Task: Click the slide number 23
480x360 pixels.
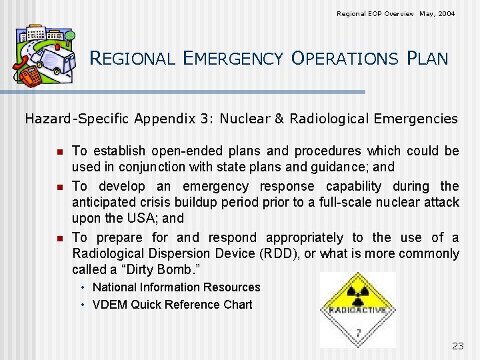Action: pos(457,345)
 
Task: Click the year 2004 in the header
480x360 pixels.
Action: pos(447,13)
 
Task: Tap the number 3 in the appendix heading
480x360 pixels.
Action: pos(203,119)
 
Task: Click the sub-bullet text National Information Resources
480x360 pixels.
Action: pos(176,287)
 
